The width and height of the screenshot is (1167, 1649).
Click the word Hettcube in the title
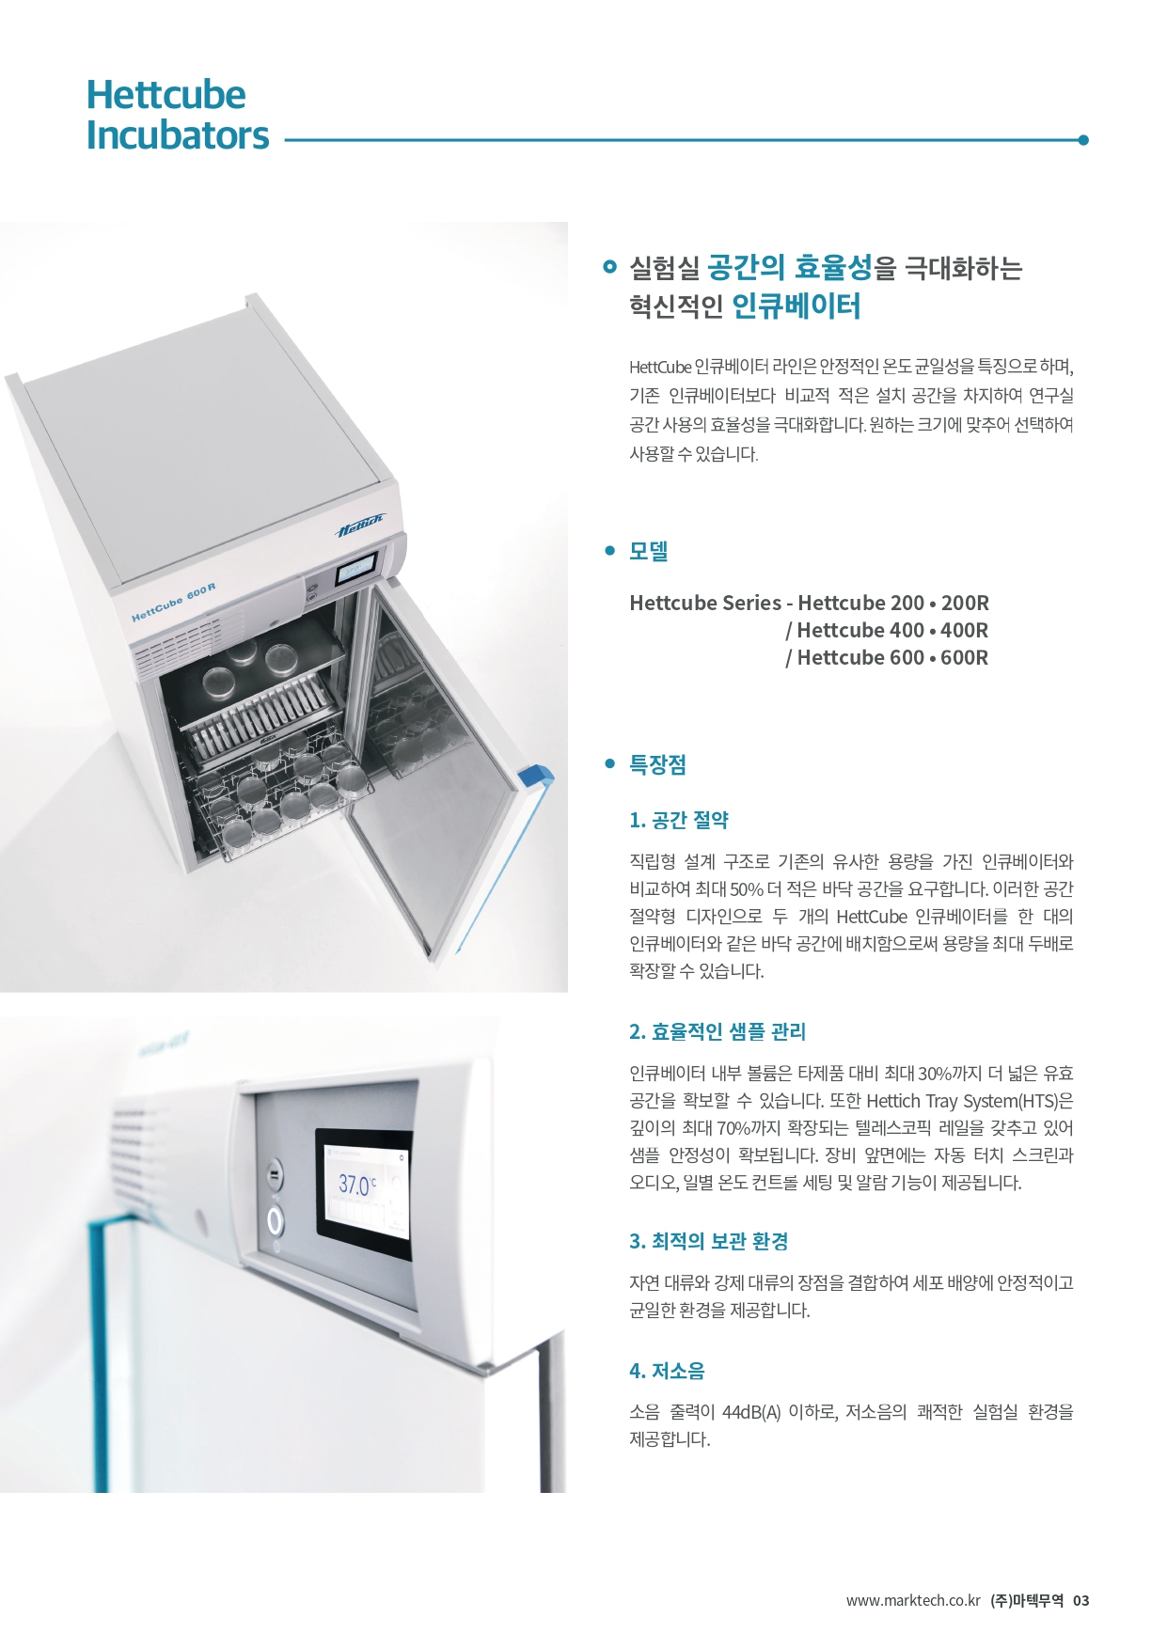click(166, 95)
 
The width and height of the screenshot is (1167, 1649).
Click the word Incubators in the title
click(178, 135)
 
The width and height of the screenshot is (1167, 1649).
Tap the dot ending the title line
click(1083, 140)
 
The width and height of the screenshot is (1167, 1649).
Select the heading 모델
click(649, 551)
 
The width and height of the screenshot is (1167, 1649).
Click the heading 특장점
click(657, 764)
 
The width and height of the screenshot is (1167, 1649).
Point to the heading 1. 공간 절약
click(679, 820)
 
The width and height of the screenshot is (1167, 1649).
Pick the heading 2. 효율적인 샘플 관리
click(718, 1031)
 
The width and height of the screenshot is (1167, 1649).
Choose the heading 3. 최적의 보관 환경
click(709, 1241)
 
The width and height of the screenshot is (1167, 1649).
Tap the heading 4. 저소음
click(667, 1371)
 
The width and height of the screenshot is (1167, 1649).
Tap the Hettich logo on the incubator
click(361, 526)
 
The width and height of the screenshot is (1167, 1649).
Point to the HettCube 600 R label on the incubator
click(174, 603)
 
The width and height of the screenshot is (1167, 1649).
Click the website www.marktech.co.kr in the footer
click(913, 1600)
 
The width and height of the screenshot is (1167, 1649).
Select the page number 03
click(1080, 1600)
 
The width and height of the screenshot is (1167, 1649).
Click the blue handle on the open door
click(535, 777)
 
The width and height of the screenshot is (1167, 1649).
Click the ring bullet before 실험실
click(609, 267)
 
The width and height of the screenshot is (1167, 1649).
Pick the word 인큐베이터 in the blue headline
click(796, 306)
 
